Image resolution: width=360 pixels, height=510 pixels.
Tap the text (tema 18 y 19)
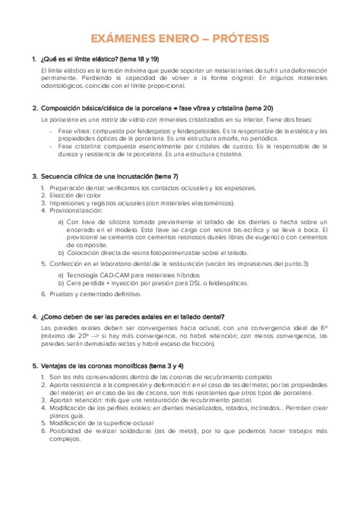pos(138,59)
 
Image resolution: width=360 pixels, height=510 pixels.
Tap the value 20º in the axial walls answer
pos(76,336)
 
